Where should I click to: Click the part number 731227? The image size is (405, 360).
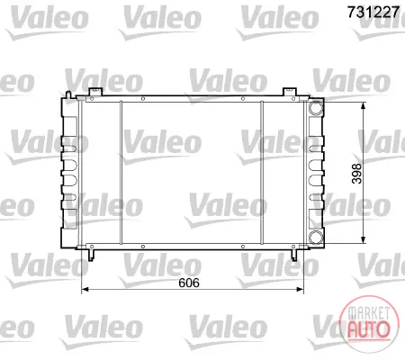click(x=373, y=13)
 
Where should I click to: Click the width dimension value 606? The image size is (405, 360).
click(x=189, y=283)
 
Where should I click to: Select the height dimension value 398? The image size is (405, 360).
click(x=356, y=174)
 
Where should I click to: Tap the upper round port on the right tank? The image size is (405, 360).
click(x=316, y=108)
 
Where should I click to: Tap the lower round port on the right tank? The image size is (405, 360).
click(x=316, y=237)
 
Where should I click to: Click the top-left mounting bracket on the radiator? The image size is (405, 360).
click(x=95, y=92)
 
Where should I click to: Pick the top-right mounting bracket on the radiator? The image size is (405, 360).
click(x=290, y=92)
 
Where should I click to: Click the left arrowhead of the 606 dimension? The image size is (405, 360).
click(x=85, y=289)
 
